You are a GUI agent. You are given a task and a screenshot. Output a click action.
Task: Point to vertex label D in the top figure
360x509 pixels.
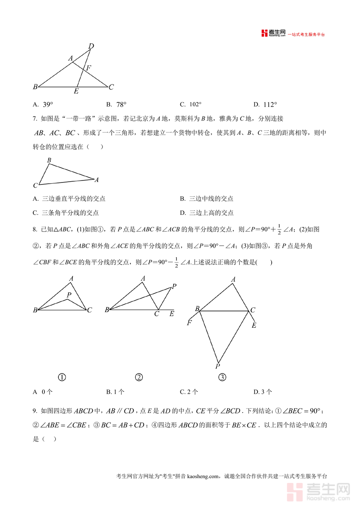tap(91, 46)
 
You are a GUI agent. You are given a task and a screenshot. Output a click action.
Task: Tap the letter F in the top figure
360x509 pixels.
tap(88, 68)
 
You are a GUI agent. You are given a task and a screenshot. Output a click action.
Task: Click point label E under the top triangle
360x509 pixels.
tap(76, 91)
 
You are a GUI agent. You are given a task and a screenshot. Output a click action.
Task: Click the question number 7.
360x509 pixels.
tap(35, 119)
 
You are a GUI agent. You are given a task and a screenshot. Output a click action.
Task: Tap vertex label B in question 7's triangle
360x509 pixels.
tap(49, 160)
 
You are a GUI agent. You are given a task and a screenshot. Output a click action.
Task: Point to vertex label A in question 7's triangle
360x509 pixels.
tap(96, 180)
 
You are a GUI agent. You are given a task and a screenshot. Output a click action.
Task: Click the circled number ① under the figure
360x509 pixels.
tap(62, 377)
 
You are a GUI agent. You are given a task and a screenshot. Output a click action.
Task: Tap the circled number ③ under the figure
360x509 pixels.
tap(222, 377)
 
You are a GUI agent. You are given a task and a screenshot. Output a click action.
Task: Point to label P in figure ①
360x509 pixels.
tap(69, 295)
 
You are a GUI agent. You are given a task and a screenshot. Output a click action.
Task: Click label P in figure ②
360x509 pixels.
tap(174, 286)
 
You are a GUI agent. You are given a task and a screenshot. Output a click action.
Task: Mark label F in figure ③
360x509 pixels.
tap(189, 323)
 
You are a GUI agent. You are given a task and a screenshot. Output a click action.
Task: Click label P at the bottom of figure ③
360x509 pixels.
tap(218, 366)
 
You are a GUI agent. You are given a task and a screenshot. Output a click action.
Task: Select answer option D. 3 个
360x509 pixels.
tap(263, 392)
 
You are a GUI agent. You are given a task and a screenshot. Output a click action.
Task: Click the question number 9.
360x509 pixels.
tap(35, 411)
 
